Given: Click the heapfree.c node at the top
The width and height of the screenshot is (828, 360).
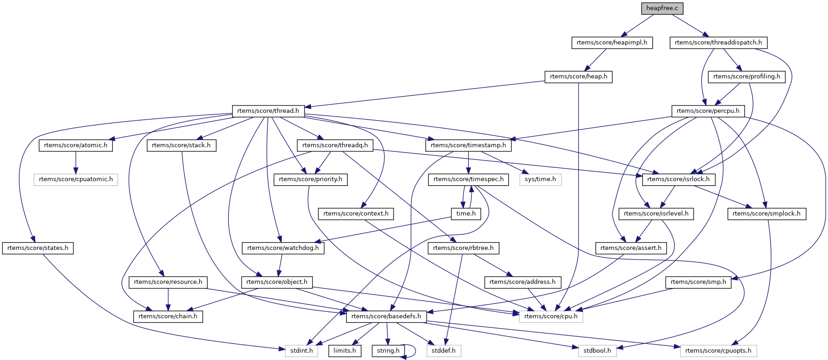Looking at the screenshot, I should (x=662, y=8).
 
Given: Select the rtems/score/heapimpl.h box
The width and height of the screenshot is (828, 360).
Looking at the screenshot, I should (x=612, y=43).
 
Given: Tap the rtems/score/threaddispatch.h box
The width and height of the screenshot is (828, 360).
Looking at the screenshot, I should (x=718, y=43).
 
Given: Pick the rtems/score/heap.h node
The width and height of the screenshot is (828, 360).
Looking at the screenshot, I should (x=578, y=77).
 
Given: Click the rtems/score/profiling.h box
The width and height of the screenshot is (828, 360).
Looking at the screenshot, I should (x=746, y=77).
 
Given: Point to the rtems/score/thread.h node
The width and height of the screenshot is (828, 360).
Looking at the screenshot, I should (x=268, y=111).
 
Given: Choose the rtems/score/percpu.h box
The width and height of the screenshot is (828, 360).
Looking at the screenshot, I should (x=708, y=111).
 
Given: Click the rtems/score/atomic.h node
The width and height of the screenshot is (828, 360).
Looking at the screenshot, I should (x=76, y=145).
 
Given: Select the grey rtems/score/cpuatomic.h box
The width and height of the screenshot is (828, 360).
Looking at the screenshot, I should (x=76, y=179).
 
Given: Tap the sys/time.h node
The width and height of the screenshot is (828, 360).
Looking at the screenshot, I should (x=540, y=179).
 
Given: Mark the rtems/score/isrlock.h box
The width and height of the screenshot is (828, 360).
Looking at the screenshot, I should (x=678, y=179).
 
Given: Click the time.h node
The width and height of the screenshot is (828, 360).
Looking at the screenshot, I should (x=466, y=214).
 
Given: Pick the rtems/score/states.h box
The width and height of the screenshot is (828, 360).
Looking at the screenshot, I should (x=38, y=248).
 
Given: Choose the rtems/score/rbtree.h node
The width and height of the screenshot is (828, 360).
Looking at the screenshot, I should (x=463, y=248).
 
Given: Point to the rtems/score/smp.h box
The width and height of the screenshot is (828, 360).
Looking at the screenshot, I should (x=698, y=282).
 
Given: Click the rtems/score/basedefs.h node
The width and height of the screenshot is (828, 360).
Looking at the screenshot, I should (x=386, y=316).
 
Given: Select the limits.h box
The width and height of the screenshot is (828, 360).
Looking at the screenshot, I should (x=345, y=351).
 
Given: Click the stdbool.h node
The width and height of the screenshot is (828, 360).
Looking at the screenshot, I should (x=597, y=351).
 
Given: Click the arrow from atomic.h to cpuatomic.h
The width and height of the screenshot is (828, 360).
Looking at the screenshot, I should (x=76, y=162).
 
